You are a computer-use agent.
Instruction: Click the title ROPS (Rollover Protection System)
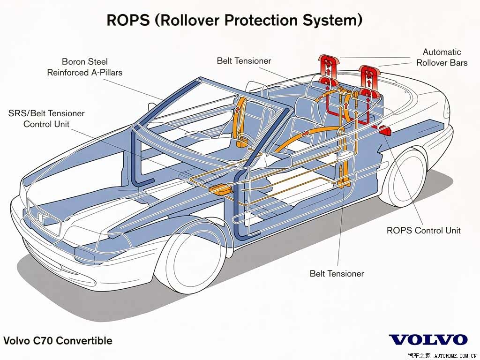point(234,20)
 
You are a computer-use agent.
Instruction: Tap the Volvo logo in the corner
point(428,340)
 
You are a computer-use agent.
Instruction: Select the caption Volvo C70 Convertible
point(58,340)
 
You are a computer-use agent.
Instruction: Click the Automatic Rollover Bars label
point(442,57)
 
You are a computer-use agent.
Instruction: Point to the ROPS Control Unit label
point(423,230)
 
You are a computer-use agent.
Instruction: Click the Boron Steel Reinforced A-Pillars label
point(84,67)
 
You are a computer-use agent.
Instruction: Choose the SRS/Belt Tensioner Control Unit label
point(46,119)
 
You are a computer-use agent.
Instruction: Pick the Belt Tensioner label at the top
point(244,60)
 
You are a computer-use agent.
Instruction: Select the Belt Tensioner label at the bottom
point(337,273)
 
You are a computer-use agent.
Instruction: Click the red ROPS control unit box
point(385,130)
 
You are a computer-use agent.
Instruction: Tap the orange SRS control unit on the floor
point(220,189)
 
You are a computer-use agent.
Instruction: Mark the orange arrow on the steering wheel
point(306,133)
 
